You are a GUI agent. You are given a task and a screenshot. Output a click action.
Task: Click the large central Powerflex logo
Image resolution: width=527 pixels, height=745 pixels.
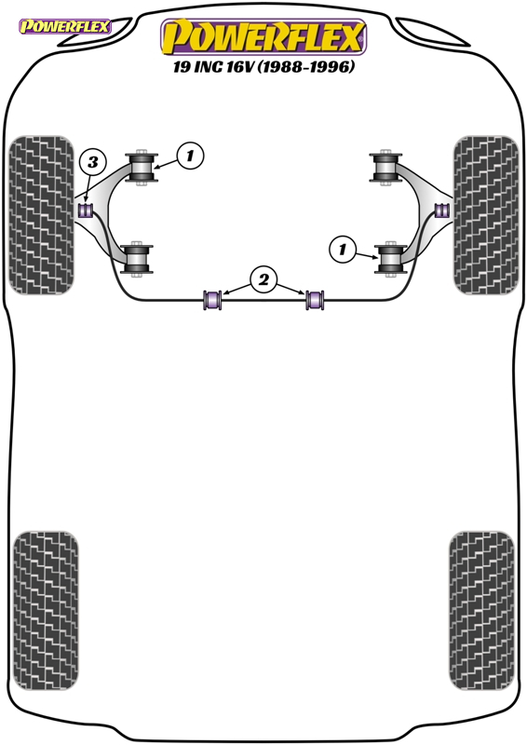pos(263,37)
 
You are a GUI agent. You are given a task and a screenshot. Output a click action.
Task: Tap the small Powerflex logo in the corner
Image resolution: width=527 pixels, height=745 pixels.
pos(64,26)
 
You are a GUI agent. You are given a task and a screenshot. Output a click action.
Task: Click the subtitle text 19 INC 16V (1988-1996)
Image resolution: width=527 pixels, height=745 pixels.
pos(263,67)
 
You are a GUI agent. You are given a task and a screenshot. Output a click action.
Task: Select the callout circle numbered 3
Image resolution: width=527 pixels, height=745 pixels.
pos(92,162)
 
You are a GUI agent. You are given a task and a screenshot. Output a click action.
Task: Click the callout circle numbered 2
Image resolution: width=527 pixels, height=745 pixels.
pos(263,279)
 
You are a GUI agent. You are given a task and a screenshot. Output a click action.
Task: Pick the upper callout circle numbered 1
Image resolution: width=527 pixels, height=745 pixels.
pos(190,156)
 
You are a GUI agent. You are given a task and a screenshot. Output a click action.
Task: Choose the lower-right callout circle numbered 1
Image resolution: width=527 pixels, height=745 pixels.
pos(342,249)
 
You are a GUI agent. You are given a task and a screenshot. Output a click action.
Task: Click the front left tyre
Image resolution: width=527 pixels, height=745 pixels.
pos(42,215)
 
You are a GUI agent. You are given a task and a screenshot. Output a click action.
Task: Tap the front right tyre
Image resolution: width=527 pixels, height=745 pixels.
pos(486,215)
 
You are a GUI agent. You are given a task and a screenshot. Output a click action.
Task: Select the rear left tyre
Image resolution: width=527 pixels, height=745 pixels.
pos(46,611)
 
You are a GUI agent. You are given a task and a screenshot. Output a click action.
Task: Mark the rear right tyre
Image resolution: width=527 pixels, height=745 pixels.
pos(482,611)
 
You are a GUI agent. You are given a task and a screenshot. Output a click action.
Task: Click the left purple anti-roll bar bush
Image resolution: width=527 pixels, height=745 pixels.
pos(212,299)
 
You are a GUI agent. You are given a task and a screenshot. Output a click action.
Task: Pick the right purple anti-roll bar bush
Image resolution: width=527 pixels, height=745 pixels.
pos(315,299)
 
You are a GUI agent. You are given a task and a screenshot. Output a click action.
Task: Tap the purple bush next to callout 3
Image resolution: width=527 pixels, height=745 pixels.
pos(86,210)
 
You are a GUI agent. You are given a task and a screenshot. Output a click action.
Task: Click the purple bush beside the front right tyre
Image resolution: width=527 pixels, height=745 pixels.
pos(442,210)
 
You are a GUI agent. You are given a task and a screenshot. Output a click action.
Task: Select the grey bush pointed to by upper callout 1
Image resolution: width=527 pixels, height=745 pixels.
pos(142,168)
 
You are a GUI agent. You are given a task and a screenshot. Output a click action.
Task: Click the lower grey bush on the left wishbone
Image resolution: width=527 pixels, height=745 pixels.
pos(137,259)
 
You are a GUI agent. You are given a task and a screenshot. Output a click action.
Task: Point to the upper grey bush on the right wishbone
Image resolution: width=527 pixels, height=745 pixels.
pos(385,168)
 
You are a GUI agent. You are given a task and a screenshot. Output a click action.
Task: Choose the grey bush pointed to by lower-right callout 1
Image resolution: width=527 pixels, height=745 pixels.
pos(391,259)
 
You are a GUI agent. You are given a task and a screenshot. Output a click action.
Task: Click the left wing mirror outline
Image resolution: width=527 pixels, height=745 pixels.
pos(95,33)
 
